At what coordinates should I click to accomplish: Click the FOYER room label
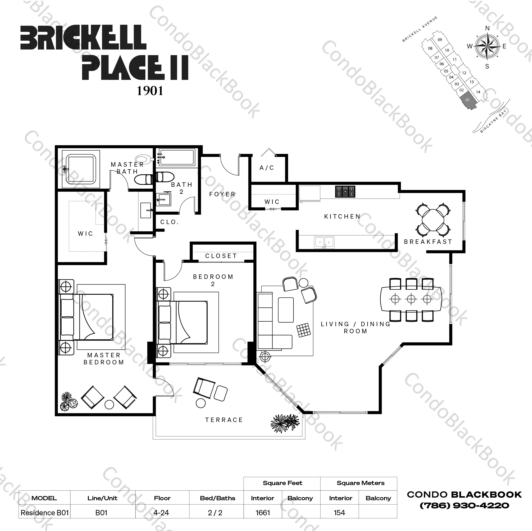tap(222, 194)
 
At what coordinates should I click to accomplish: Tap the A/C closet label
tap(267, 168)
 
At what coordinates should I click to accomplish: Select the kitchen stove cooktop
tap(345, 192)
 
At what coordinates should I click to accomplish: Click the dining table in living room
tap(411, 299)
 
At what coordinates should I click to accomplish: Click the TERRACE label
tap(224, 420)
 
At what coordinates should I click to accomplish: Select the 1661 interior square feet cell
tap(262, 513)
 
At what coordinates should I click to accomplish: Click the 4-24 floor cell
tap(162, 513)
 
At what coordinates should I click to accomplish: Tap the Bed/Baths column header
tap(218, 498)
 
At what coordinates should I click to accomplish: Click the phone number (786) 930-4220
tap(464, 505)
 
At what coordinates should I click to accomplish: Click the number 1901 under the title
tap(150, 91)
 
